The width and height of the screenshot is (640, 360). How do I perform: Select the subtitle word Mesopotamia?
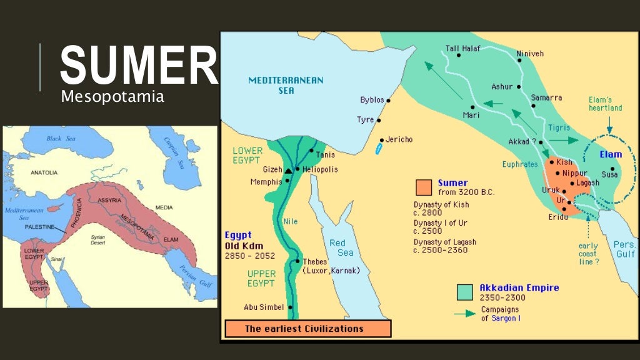tap(112, 97)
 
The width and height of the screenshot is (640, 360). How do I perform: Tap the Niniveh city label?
tap(530, 54)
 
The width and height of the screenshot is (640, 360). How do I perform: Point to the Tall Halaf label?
tap(464, 47)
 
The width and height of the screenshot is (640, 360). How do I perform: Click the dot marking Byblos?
tap(388, 100)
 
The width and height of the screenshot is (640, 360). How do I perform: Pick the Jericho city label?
tap(399, 139)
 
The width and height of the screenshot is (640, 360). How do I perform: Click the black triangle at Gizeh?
tap(288, 170)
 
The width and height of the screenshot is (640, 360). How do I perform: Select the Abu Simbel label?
tap(264, 307)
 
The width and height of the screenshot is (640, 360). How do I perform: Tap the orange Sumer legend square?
tap(423, 187)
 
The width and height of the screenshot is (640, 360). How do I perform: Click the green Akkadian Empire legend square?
tap(464, 292)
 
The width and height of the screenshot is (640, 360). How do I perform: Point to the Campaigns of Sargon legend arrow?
tap(465, 314)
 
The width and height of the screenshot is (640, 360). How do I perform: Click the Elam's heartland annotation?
tap(605, 104)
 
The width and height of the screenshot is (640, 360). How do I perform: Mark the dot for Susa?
tap(613, 169)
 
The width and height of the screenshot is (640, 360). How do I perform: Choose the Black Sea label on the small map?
tap(64, 139)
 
